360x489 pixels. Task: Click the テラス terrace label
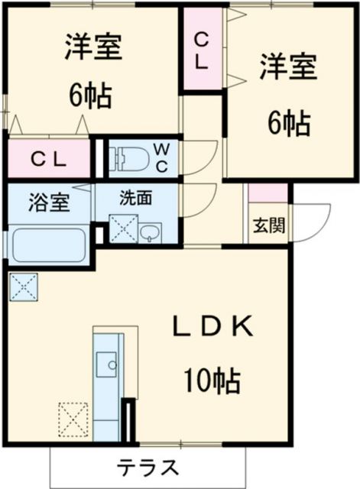[149, 466]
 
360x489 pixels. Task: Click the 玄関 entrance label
[268, 225]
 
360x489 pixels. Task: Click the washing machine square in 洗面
[122, 228]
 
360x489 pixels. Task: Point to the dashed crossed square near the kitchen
[74, 419]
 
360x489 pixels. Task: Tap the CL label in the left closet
[48, 160]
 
